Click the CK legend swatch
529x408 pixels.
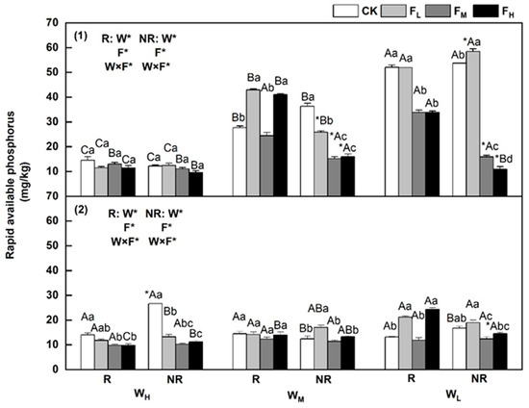click(x=345, y=11)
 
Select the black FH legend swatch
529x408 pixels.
click(x=486, y=11)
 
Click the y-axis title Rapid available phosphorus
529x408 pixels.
click(x=11, y=186)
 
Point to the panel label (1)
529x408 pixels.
click(x=81, y=36)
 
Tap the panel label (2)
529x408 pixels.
click(x=81, y=210)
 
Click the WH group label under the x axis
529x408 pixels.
click(x=141, y=395)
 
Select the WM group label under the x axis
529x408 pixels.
click(x=296, y=395)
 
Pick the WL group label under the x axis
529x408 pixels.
click(x=453, y=395)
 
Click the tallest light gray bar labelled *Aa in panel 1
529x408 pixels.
click(x=473, y=123)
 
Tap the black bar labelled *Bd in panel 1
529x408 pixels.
click(x=500, y=182)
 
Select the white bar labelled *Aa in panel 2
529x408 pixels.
click(x=155, y=337)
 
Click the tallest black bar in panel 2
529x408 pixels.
click(x=432, y=339)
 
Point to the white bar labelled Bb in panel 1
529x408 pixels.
click(x=239, y=162)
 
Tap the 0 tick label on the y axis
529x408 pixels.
click(x=55, y=370)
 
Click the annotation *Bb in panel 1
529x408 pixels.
click(x=324, y=120)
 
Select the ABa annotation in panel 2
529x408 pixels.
click(x=317, y=309)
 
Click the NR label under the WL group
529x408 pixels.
click(x=479, y=379)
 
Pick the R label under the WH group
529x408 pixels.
click(x=108, y=380)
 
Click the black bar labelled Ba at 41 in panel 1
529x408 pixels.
click(x=280, y=145)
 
